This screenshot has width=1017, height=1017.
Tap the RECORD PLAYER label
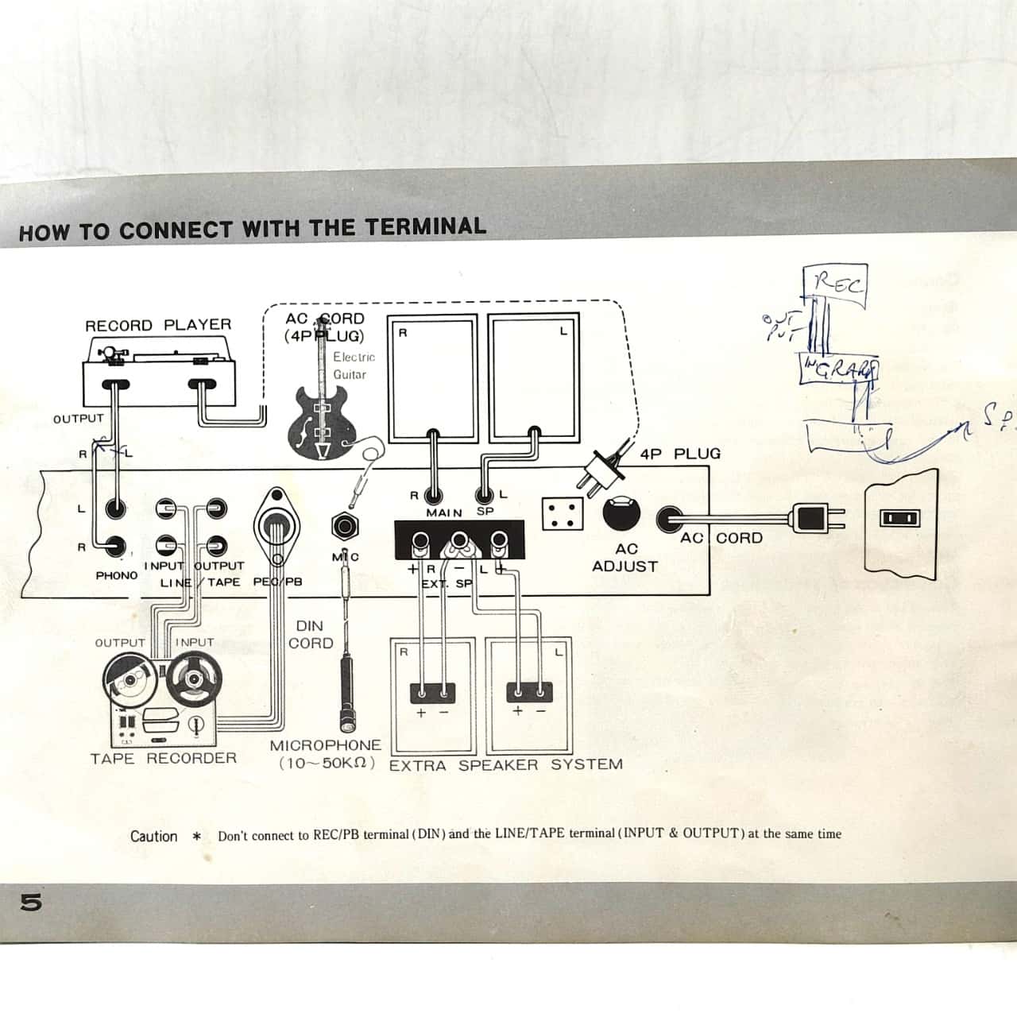pos(158,325)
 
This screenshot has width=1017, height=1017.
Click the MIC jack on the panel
pos(346,526)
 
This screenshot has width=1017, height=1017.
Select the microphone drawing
pos(348,691)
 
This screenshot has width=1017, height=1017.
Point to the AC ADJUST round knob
pos(621,512)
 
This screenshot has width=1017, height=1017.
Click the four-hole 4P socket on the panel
pos(563,513)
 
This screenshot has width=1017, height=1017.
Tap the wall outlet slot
pos(900,519)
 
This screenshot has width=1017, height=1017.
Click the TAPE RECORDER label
pos(164,758)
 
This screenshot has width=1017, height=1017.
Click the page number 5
pos(32,903)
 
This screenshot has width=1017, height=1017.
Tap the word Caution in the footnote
pos(154,836)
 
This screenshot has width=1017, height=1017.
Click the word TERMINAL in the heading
pos(425,227)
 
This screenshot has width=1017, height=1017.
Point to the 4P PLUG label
pos(680,454)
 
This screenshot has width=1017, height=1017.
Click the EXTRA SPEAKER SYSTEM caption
pos(505,764)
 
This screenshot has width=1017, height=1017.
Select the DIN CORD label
pos(310,635)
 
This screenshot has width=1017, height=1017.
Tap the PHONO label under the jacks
pos(116,574)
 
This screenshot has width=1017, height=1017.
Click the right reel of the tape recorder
pos(193,679)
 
